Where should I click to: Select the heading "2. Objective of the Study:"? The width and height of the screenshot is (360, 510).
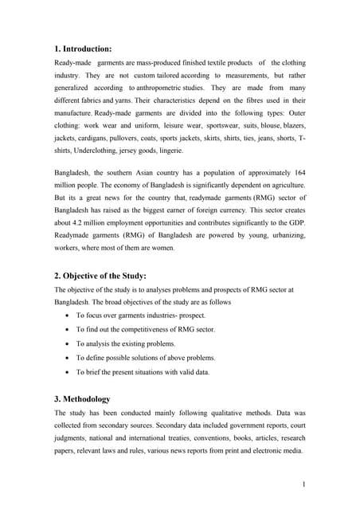coord(111,276)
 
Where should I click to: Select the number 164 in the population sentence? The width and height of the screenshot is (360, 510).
coord(298,173)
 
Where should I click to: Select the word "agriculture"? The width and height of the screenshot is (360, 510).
coord(284,188)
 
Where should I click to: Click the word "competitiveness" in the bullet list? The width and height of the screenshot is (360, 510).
coord(135,329)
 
